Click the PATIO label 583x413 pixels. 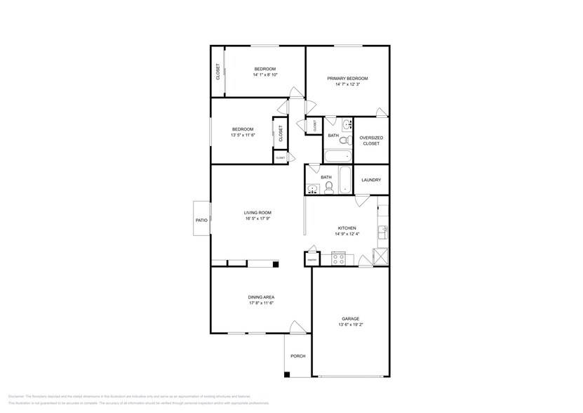point(201,221)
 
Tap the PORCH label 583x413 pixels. point(298,355)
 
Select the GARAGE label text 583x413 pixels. point(350,318)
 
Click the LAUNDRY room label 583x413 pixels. point(371,180)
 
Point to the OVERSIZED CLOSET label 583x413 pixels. point(370,140)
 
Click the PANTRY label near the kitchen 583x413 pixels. point(311,260)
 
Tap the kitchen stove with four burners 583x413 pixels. point(338,258)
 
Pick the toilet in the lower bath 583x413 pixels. point(328,187)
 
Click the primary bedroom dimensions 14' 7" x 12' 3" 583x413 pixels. point(347,84)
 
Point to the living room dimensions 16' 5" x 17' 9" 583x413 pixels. point(257,218)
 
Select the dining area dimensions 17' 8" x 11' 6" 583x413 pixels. point(260,303)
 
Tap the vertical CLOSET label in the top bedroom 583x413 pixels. point(218,72)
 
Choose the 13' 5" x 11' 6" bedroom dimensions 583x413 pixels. point(243,135)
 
